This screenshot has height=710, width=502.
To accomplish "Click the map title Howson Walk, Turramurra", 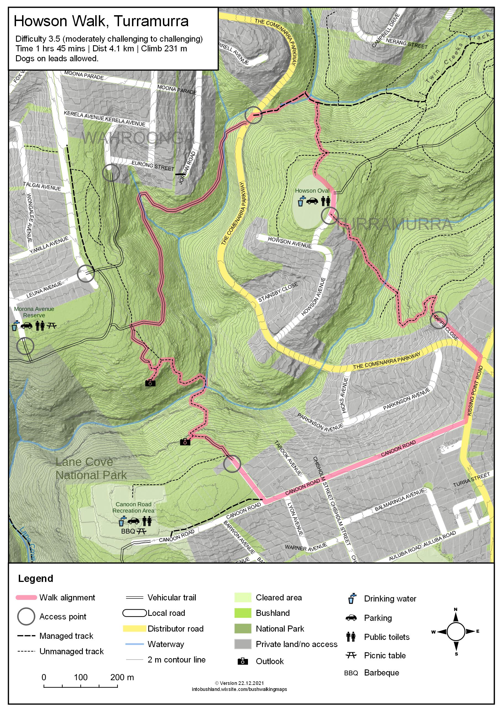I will (x=101, y=21).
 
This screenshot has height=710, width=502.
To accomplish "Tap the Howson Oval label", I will (x=312, y=191).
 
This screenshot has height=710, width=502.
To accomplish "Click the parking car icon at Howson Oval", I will (x=312, y=201).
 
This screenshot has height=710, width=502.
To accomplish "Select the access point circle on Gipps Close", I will (x=438, y=320).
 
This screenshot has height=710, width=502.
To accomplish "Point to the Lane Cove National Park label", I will (x=91, y=468).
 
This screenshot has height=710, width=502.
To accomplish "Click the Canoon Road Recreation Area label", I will (x=133, y=507).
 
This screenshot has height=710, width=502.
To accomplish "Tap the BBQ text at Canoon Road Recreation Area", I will (x=128, y=531).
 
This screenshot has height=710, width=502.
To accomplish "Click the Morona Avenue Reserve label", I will (x=34, y=312).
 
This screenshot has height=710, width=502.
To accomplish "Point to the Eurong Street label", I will (x=153, y=166).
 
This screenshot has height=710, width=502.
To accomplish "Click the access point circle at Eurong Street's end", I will (x=111, y=173).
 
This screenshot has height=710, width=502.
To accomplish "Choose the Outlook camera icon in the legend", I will (x=242, y=661).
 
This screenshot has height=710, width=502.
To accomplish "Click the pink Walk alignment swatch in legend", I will (x=26, y=597).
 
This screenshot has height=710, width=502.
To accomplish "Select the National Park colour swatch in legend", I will (x=242, y=629).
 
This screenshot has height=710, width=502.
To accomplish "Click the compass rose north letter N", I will (x=456, y=610).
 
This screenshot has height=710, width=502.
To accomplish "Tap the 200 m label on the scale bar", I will (x=122, y=677).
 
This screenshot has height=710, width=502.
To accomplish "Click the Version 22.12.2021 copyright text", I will (x=239, y=683).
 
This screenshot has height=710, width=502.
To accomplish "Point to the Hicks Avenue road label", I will (x=344, y=395).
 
